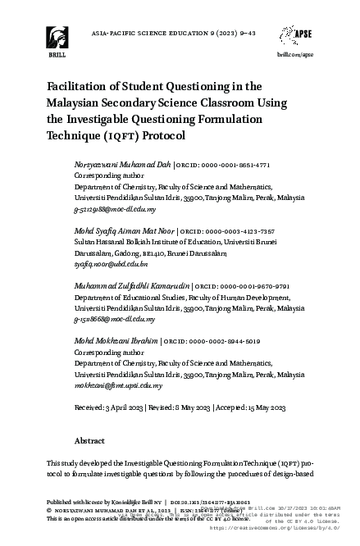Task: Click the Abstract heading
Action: (89, 440)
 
